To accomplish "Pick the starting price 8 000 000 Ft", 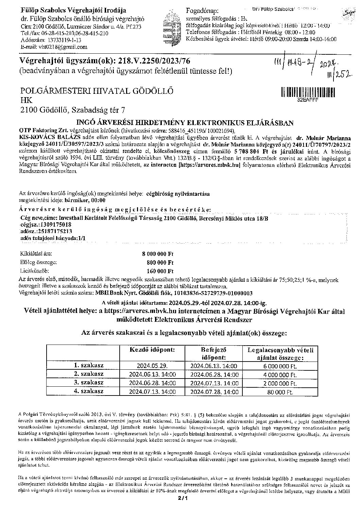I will [158, 253].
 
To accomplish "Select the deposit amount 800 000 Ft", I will [160, 262].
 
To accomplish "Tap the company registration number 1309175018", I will [55, 225].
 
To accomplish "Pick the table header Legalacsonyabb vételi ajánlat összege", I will [280, 353].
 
